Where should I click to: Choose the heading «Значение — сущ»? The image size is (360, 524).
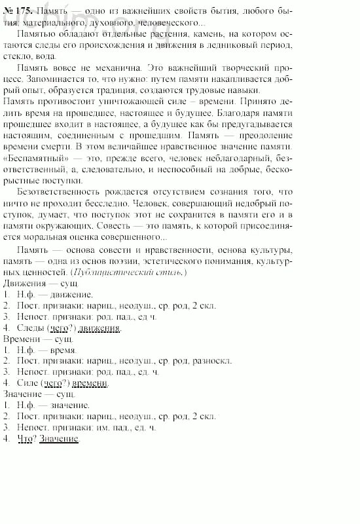[39, 394]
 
